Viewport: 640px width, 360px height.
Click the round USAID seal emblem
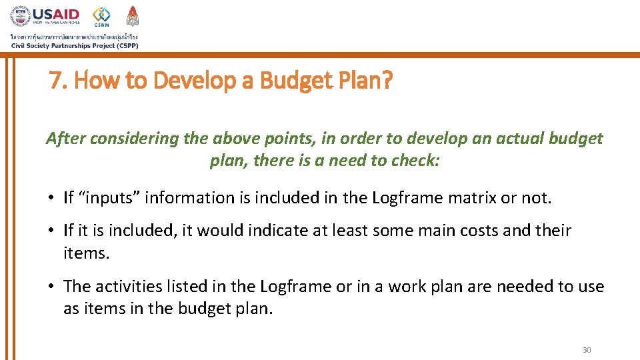(21, 17)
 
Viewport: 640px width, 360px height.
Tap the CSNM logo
(101, 17)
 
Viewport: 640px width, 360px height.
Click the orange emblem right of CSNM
(133, 16)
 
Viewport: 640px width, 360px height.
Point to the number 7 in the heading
(55, 81)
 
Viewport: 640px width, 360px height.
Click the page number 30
(587, 350)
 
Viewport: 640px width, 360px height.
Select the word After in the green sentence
(65, 139)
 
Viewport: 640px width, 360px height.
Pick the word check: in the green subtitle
(417, 161)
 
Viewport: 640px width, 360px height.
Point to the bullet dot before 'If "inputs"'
(51, 197)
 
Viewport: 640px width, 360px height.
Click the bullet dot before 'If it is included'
(51, 231)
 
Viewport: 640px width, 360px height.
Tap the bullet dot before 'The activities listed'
(51, 287)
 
